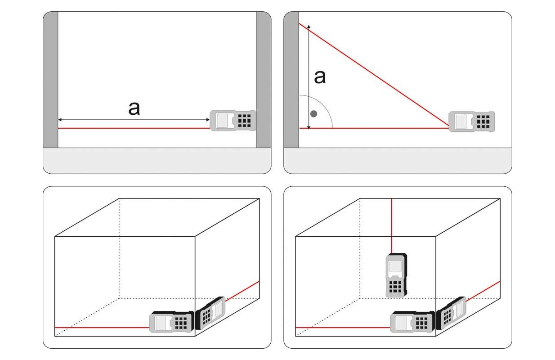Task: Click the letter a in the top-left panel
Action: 134,108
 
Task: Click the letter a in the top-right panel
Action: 319,77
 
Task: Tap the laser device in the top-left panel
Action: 233,121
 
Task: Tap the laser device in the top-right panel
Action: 472,121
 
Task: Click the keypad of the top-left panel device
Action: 244,121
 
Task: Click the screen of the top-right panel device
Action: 461,121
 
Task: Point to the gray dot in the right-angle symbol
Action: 314,114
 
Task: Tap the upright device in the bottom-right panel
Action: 396,275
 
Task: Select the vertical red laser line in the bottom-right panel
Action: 392,225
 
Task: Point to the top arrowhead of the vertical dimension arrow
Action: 309,27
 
